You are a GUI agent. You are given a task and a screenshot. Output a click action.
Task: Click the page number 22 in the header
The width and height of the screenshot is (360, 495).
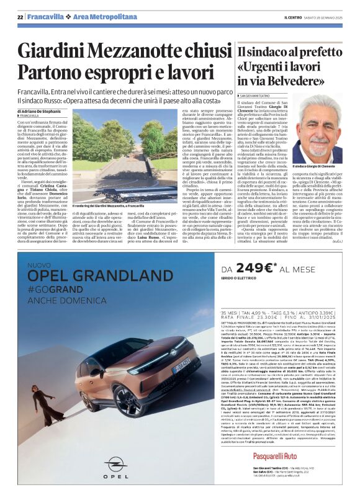point(20,17)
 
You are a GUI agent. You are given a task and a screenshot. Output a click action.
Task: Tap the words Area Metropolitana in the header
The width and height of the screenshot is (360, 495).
point(100,17)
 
